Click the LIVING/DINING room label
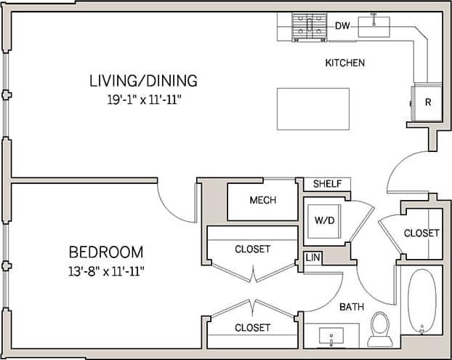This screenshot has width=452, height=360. (143, 80)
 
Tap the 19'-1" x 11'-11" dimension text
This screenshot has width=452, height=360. (143, 97)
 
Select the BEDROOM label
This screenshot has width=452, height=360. (106, 252)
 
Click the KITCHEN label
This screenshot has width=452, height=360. (344, 63)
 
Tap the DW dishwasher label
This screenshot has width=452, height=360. (342, 26)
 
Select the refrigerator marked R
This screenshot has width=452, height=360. (427, 103)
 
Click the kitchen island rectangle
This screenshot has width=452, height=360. (312, 109)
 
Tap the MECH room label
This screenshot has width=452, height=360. (262, 200)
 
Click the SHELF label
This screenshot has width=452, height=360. (327, 184)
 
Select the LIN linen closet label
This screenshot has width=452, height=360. (312, 257)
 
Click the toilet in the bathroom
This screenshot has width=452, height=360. (380, 329)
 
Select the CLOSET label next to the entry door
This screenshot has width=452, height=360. (421, 233)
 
